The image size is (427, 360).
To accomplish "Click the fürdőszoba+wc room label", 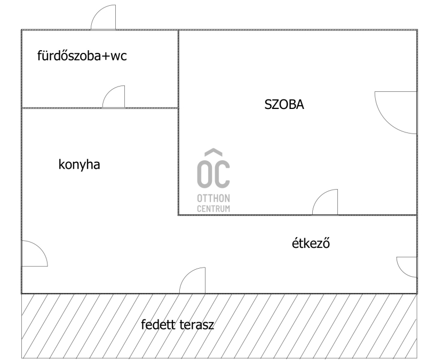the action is [82, 56].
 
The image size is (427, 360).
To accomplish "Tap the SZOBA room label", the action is [284, 104].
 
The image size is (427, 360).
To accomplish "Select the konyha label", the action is [79, 165].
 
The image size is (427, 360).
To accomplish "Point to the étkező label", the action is [311, 243].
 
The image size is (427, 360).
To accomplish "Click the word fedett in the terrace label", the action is [158, 324].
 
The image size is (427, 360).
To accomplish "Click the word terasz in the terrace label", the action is [196, 325].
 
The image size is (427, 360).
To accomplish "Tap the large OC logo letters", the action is [213, 174].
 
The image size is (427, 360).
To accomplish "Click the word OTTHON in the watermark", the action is [213, 198].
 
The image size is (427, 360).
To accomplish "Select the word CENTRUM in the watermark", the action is [213, 209].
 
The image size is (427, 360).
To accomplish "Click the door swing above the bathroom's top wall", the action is [103, 17].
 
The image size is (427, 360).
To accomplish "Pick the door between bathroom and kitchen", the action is [114, 97].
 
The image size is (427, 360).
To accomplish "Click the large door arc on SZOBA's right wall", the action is [396, 113].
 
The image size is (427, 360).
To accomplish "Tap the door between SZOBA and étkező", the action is [325, 202].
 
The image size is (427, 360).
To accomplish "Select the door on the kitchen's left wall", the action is [35, 254].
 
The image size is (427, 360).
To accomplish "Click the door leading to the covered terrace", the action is [192, 280].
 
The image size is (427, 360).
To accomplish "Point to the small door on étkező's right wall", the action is [407, 267].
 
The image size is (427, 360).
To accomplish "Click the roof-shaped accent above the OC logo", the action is [213, 152].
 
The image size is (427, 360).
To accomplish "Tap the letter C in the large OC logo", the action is [222, 174].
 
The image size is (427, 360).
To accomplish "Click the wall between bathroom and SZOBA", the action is [178, 69].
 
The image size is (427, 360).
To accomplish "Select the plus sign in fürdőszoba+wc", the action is [106, 56].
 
